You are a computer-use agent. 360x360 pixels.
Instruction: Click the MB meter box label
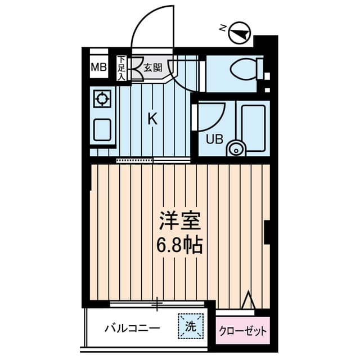pos(98,69)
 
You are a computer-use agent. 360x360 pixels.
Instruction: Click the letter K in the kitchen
pos(152,118)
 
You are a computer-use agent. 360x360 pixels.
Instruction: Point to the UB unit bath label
pos(214,139)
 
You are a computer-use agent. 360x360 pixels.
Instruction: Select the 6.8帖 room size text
pos(180,246)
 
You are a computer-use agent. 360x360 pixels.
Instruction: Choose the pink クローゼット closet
pos(242,331)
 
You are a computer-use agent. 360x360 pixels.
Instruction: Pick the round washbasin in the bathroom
pos(235,149)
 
